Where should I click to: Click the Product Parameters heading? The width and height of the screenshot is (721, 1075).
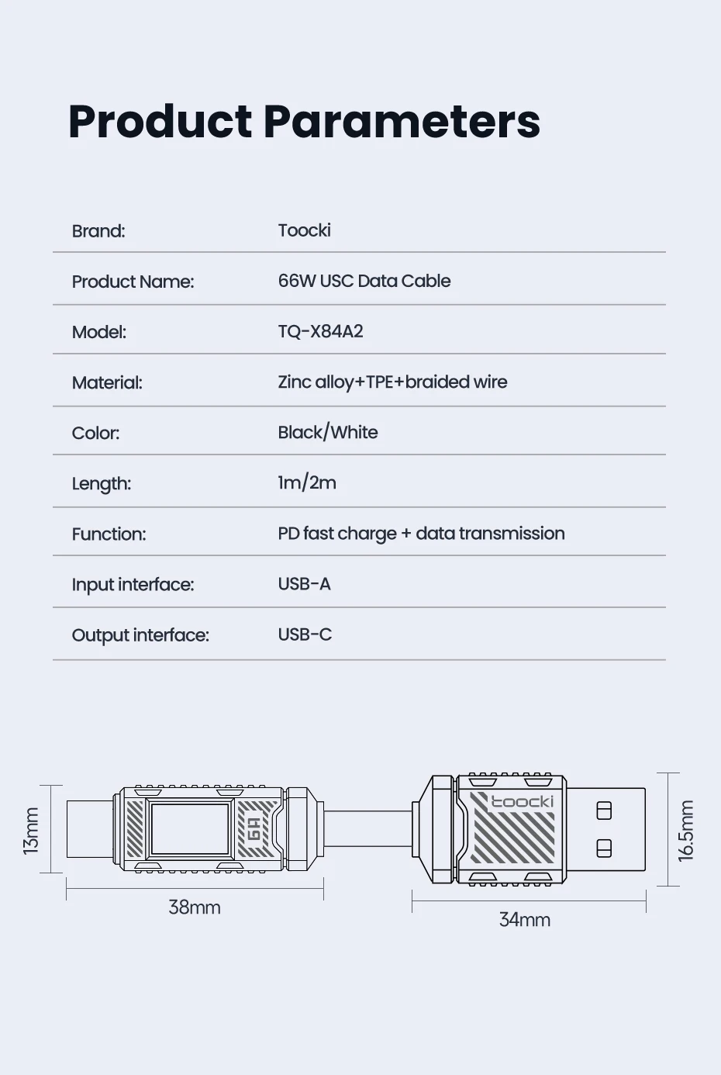pos(304,122)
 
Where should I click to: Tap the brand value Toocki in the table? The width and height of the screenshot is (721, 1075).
pos(304,230)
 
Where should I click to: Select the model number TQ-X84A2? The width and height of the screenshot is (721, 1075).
pos(320,331)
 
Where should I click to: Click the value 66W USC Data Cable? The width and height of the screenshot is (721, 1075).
pos(364,281)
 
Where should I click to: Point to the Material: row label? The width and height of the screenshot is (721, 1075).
pos(107,382)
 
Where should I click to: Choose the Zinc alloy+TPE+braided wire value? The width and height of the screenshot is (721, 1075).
pos(392,382)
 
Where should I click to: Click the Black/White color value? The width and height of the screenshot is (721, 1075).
pos(327,432)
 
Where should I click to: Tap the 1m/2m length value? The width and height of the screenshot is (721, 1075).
pos(307,482)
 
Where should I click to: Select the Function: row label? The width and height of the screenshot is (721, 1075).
pos(109,534)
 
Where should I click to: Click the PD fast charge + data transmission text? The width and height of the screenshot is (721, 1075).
pos(421,534)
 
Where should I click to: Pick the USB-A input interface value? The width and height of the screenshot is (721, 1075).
pos(304,584)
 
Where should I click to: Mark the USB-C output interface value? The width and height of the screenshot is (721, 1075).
pos(305,634)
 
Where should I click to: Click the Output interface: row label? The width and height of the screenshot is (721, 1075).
pos(140,635)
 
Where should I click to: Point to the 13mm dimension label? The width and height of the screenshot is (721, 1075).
pos(31,831)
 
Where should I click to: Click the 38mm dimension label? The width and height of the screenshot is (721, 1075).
pos(195,907)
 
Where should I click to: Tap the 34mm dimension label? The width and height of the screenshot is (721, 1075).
pos(524,919)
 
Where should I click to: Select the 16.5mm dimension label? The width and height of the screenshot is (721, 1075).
pos(687,831)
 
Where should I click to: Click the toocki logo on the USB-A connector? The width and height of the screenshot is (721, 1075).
pos(522,801)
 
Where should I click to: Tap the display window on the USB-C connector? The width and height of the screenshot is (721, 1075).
pos(190,830)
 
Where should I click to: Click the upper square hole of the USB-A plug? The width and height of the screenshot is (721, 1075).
pos(604,811)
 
